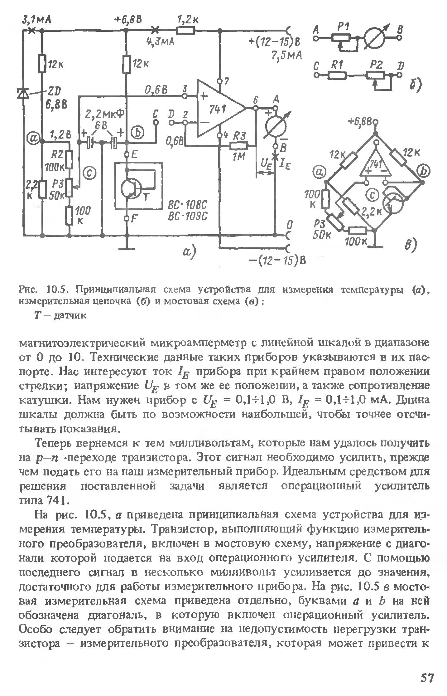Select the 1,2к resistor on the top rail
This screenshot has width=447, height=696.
185,31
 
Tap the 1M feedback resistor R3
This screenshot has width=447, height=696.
238,146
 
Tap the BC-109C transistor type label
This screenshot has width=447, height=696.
187,217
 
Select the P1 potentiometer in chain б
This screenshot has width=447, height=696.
341,38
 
